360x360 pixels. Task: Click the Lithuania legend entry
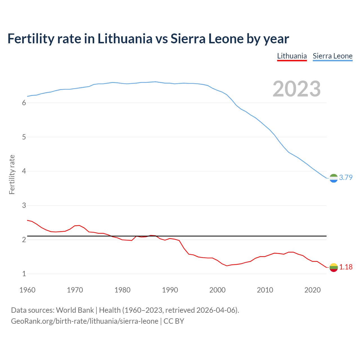point(292,56)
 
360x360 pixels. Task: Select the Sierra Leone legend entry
point(332,56)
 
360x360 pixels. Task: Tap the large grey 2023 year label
point(297,89)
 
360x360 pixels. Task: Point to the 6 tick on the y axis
point(24,103)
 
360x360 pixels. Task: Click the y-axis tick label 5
point(24,137)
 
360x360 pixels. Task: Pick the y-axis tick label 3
point(24,206)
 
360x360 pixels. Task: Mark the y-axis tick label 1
point(24,274)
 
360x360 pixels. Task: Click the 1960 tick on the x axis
point(27,290)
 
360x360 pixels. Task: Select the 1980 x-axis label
point(122,290)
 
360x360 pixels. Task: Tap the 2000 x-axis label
point(217,290)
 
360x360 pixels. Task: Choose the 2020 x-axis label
point(312,290)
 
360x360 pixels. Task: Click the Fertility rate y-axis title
point(12,174)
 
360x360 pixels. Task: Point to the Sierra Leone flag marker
point(334,178)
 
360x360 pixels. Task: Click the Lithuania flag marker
point(334,267)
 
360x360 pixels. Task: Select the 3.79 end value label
point(346,177)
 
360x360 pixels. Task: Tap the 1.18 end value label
point(346,267)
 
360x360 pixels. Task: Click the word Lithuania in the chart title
point(125,39)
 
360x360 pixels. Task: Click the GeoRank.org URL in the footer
point(84,321)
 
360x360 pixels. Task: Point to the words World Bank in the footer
point(75,310)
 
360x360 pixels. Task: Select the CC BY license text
point(174,321)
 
